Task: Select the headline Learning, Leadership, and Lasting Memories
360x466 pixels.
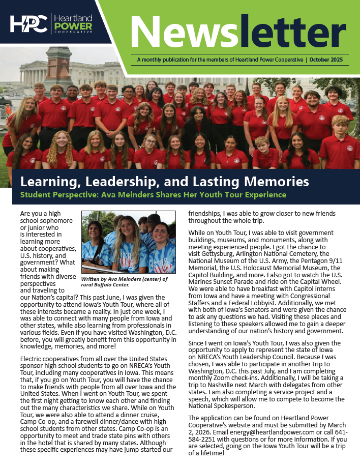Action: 164,181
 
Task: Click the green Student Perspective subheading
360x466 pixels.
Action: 153,195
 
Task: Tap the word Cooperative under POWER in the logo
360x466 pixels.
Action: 73,32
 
